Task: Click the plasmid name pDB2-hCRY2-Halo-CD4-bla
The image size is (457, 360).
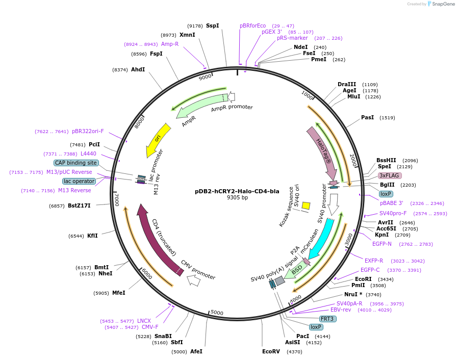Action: point(237,191)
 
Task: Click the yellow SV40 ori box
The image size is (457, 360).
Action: point(306,205)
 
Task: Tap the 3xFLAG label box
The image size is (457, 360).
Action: point(390,175)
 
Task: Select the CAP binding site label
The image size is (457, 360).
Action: point(75,163)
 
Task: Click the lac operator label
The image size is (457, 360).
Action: point(79,181)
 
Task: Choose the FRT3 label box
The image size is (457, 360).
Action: point(327,319)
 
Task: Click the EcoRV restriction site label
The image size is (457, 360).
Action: point(271,351)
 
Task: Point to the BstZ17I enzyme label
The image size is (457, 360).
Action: point(79,205)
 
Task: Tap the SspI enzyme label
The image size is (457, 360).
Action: point(212,25)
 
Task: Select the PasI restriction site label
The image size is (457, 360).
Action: point(367,117)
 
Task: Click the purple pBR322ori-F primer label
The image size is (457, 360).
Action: point(88,131)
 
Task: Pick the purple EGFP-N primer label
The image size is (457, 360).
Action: point(382,244)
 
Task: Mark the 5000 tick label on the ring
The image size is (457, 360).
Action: point(217,313)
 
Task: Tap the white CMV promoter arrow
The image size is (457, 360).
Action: point(193,280)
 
